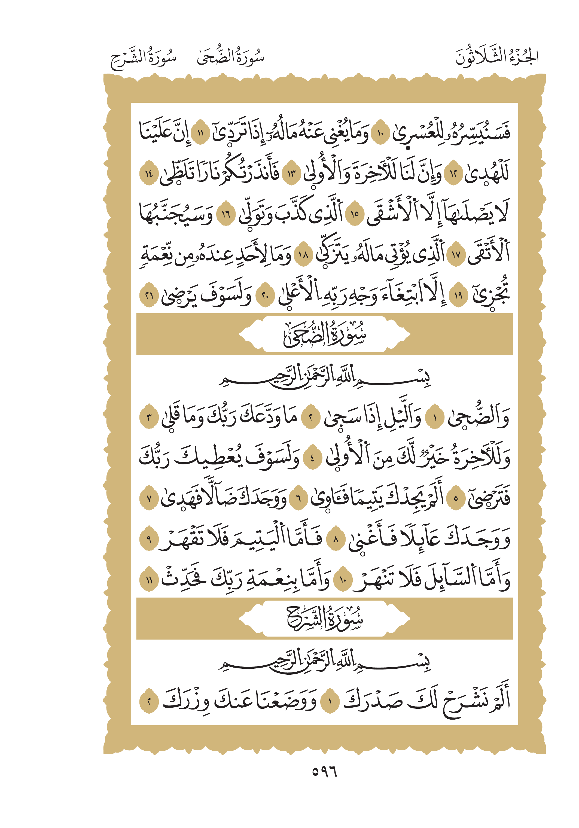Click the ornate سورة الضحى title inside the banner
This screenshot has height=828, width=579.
[324, 335]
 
